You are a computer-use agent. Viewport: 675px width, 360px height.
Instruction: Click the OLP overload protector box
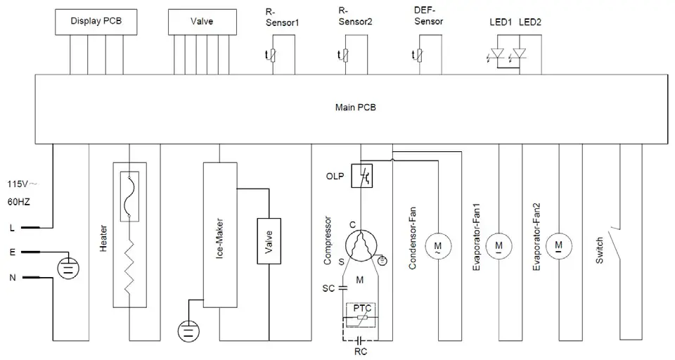(365, 176)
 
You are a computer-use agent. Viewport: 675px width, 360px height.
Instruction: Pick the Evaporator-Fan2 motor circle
(558, 245)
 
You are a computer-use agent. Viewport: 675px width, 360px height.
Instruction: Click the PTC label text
(363, 307)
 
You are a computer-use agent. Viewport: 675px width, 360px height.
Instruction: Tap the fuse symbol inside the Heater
(129, 196)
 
